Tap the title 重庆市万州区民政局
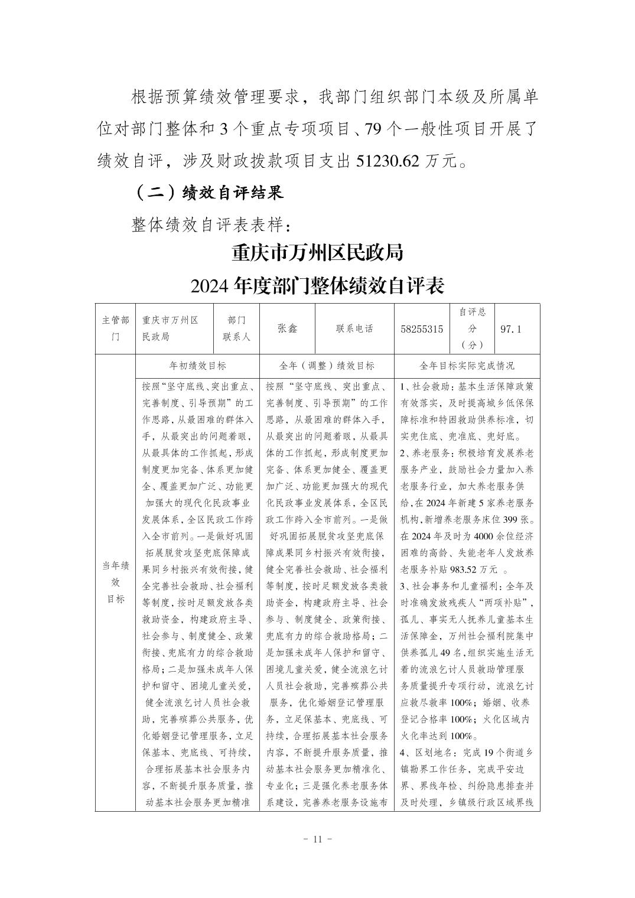pyautogui.click(x=317, y=253)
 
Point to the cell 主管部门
pyautogui.click(x=115, y=328)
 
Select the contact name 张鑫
pyautogui.click(x=287, y=328)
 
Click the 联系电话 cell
pyautogui.click(x=354, y=328)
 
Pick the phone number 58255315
pyautogui.click(x=422, y=329)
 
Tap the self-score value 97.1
pyautogui.click(x=511, y=329)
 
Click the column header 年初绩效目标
pyautogui.click(x=197, y=366)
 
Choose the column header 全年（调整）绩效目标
pyautogui.click(x=326, y=366)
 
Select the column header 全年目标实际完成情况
pyautogui.click(x=467, y=366)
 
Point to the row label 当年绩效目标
pyautogui.click(x=115, y=582)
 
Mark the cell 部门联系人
pyautogui.click(x=236, y=328)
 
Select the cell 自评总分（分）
pyautogui.click(x=472, y=328)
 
